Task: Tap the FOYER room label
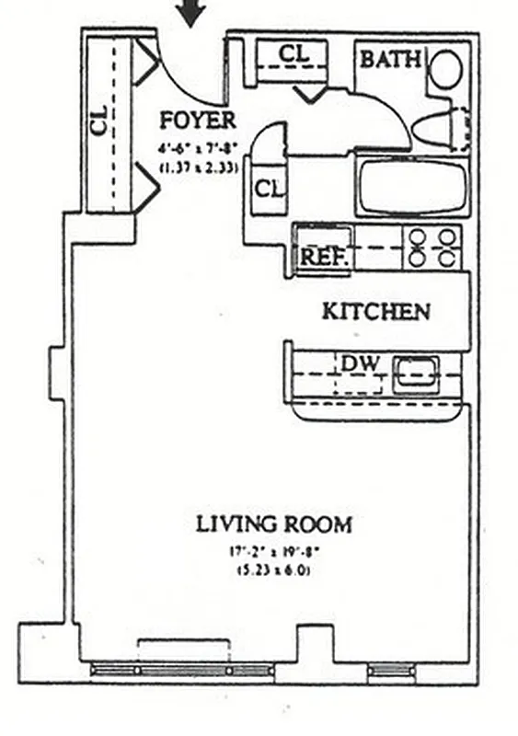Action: [x=198, y=120]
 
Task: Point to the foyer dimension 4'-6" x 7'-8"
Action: [x=198, y=148]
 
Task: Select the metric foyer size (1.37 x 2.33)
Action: [x=198, y=167]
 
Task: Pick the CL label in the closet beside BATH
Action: [x=294, y=54]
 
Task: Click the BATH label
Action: [x=390, y=61]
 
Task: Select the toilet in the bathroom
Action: [x=440, y=129]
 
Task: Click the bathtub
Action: [x=410, y=188]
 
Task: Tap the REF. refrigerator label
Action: [x=324, y=258]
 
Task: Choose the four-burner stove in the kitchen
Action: [x=433, y=247]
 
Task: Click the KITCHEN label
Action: [x=375, y=312]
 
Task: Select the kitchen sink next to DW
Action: [x=414, y=374]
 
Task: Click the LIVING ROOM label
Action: [x=273, y=525]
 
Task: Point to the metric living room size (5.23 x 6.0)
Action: [x=273, y=569]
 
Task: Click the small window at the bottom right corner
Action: [x=391, y=671]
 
